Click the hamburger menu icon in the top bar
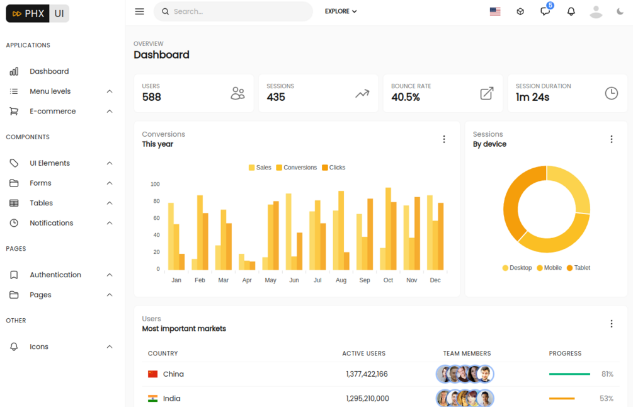(x=139, y=11)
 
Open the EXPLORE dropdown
(x=341, y=11)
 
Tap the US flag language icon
(x=495, y=11)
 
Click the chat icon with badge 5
(x=545, y=11)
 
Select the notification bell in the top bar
(x=571, y=11)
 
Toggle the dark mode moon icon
(x=620, y=11)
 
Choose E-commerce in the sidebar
(x=52, y=111)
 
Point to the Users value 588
(x=152, y=97)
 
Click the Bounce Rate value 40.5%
(x=406, y=97)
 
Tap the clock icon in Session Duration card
(x=611, y=93)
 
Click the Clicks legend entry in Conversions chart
(x=334, y=168)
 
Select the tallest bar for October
(x=388, y=229)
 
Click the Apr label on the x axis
(x=247, y=280)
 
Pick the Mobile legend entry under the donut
(x=549, y=268)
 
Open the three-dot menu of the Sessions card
(x=611, y=139)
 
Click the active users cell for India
(x=367, y=398)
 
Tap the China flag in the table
(x=152, y=374)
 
